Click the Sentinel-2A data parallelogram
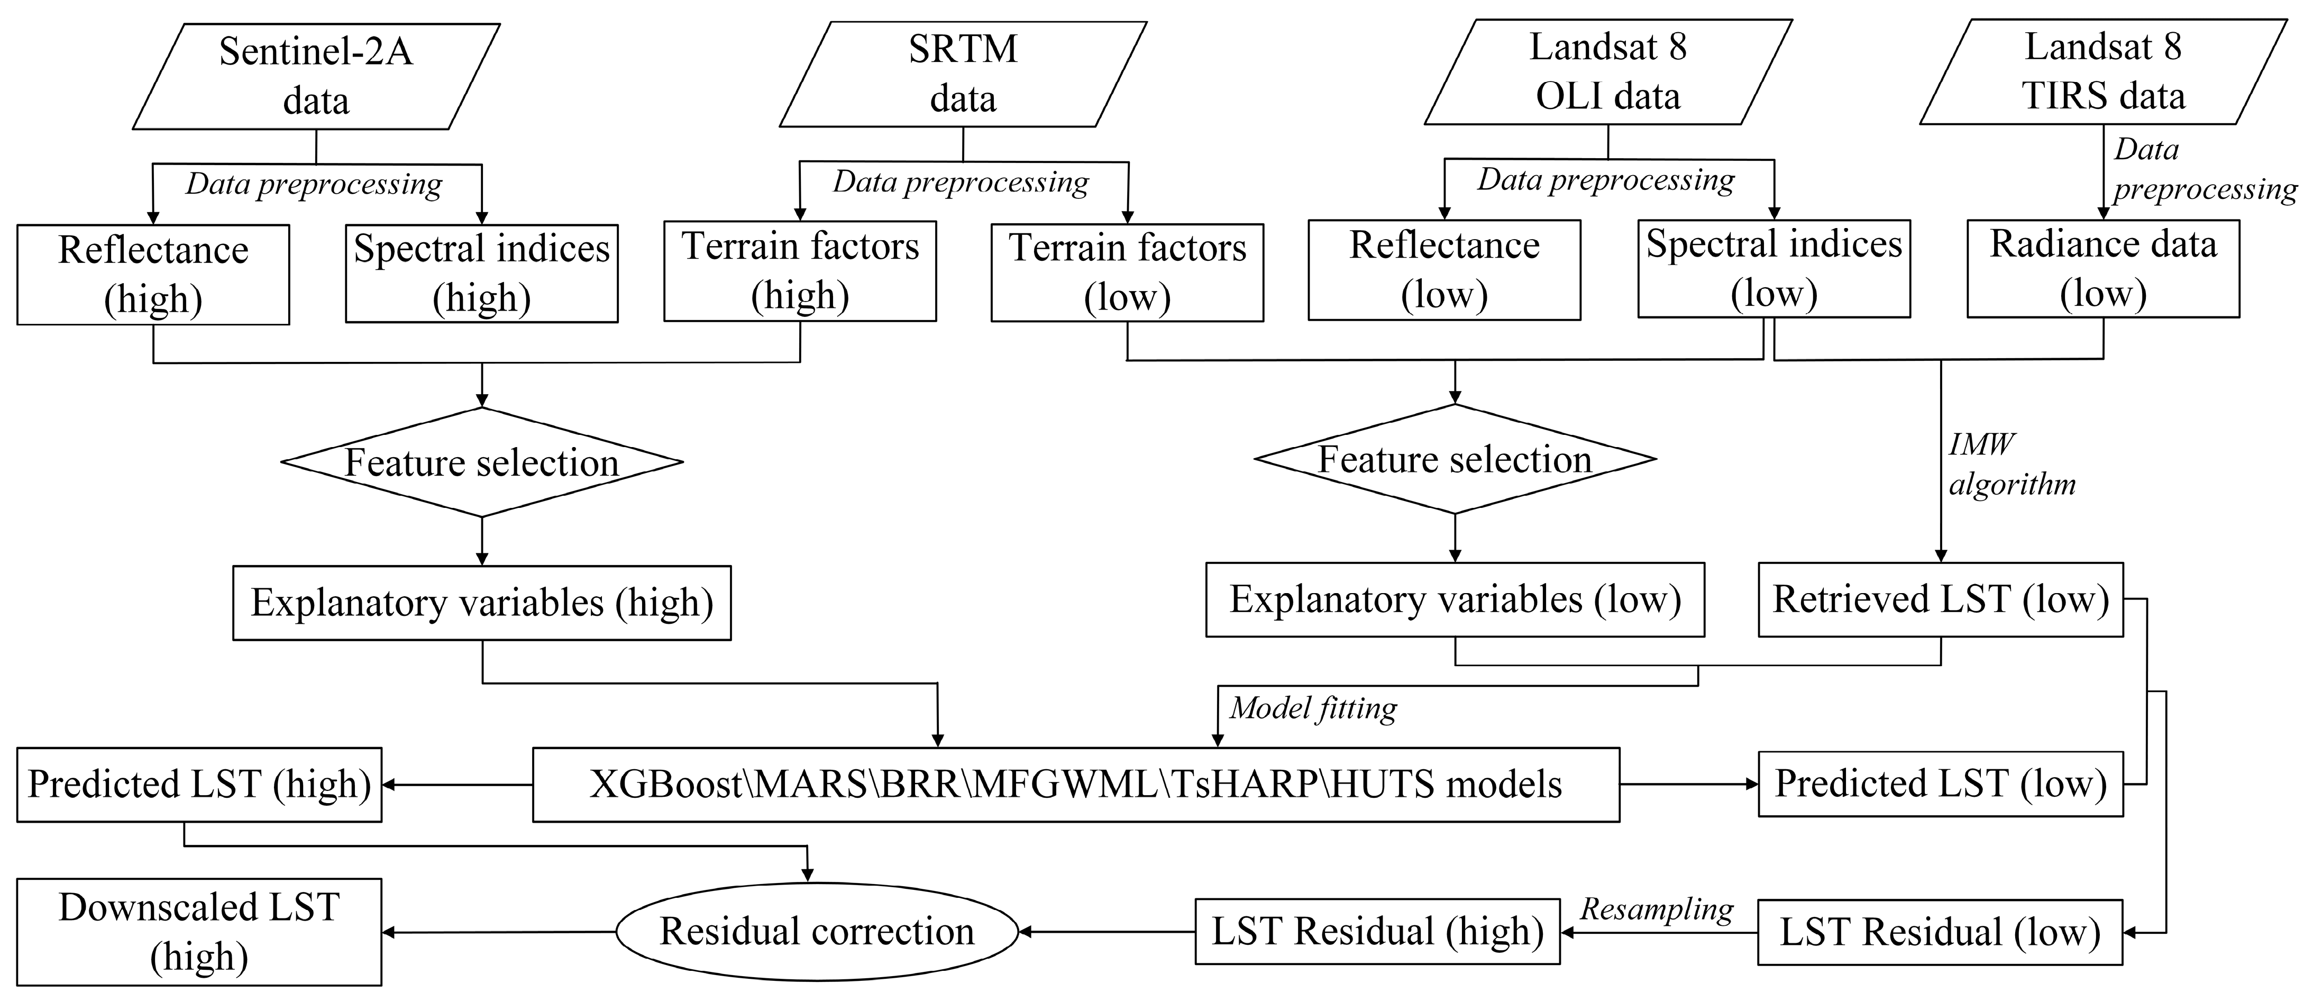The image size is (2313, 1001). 316,76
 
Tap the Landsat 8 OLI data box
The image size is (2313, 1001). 1607,72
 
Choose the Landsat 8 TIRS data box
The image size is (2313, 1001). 2103,72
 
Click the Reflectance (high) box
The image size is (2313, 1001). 153,274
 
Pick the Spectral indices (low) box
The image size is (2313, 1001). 1773,268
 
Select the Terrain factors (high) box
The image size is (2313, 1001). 800,271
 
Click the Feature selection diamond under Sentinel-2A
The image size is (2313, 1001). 482,462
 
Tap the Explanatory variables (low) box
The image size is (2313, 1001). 1455,600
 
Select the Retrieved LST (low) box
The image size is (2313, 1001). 1940,600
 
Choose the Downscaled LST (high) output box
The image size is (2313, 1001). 199,932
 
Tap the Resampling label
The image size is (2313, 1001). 1657,909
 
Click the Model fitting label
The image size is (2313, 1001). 1313,708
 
